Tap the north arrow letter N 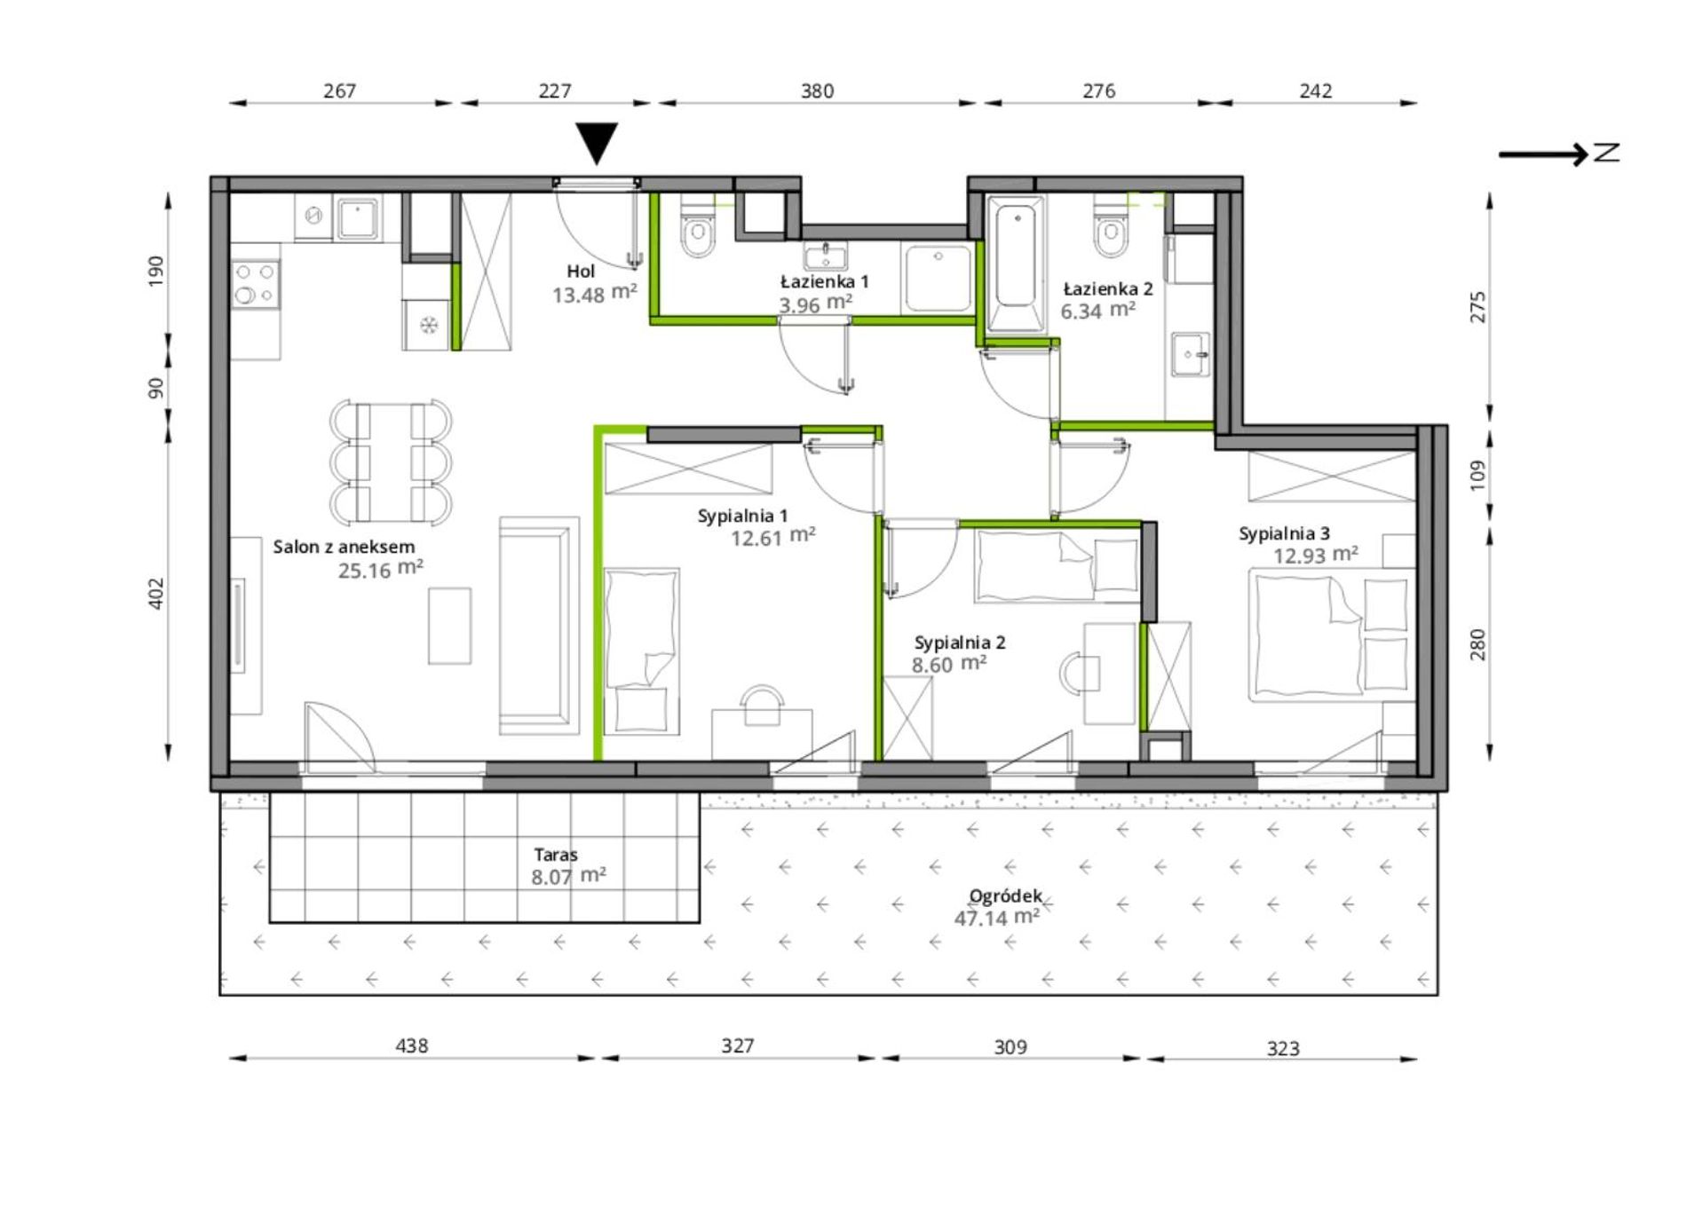(x=1606, y=154)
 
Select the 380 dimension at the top (x=817, y=91)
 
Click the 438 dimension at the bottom (x=412, y=1045)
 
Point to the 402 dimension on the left (x=156, y=593)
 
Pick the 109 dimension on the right (x=1477, y=475)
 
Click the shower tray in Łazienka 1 (x=938, y=279)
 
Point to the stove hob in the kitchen (x=256, y=284)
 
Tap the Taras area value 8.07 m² (x=568, y=876)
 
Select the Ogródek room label (x=1005, y=896)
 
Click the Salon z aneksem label (x=344, y=547)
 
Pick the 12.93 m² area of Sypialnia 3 (x=1315, y=555)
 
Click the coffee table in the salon (x=449, y=626)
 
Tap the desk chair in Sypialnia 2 (x=1079, y=672)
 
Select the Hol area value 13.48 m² (x=595, y=293)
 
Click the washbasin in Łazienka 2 (x=1190, y=355)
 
